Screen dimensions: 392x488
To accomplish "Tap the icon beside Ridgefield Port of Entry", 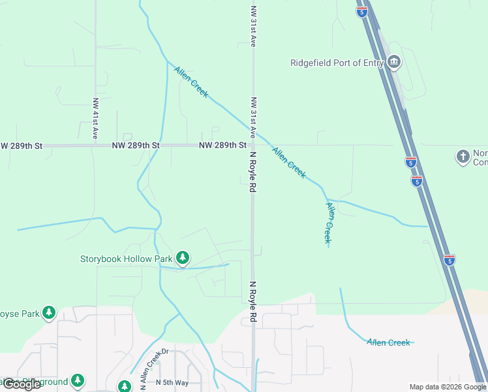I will tap(393, 63).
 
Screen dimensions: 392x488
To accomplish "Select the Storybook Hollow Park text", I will tap(126, 259).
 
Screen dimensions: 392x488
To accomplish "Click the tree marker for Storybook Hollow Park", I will tap(183, 259).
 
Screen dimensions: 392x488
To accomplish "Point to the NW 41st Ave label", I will tap(95, 118).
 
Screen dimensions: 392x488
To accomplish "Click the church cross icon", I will tap(463, 157).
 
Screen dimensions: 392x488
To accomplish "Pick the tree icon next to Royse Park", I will tap(49, 313).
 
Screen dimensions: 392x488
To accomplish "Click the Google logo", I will tap(22, 384).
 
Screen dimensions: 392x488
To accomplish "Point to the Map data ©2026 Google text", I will tap(448, 387).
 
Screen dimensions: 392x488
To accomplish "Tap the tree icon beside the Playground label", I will tap(78, 380).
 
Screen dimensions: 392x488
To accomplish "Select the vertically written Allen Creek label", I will tap(329, 223).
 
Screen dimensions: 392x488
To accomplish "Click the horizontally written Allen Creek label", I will tap(388, 342).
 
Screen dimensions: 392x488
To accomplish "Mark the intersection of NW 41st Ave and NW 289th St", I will tap(96, 145).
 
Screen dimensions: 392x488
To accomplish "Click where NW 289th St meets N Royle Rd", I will tap(252, 145).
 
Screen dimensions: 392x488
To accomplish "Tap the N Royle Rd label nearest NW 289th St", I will tap(252, 172).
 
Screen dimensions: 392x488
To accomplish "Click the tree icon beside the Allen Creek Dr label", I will tap(125, 386).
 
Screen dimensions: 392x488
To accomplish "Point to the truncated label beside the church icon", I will tap(480, 157).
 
